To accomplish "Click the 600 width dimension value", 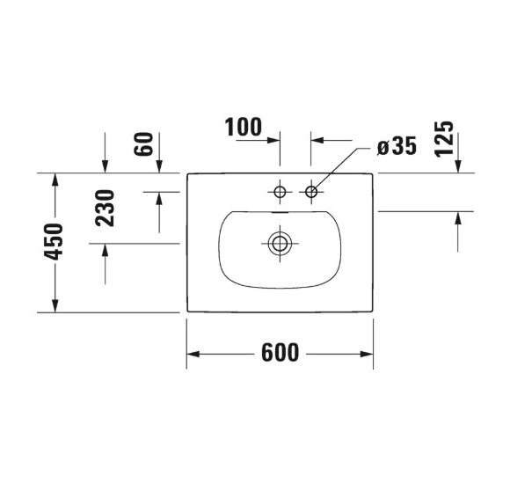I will tap(280, 354).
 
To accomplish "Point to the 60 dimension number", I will tap(144, 144).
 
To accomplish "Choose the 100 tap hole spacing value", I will tap(244, 128).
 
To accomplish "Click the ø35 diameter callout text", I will tap(396, 147).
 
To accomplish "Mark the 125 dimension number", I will tap(444, 139).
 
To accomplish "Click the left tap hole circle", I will tap(280, 191).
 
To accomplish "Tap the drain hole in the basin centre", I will tap(280, 242).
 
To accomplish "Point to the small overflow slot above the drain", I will tap(280, 212).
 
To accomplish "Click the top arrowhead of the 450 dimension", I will tap(54, 180).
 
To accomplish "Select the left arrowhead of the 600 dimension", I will tap(193, 354).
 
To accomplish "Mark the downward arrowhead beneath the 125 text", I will tap(457, 166).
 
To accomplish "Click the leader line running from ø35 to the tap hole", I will tap(338, 168).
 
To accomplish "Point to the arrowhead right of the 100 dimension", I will tap(318, 139).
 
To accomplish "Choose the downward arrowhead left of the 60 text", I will tap(105, 166).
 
